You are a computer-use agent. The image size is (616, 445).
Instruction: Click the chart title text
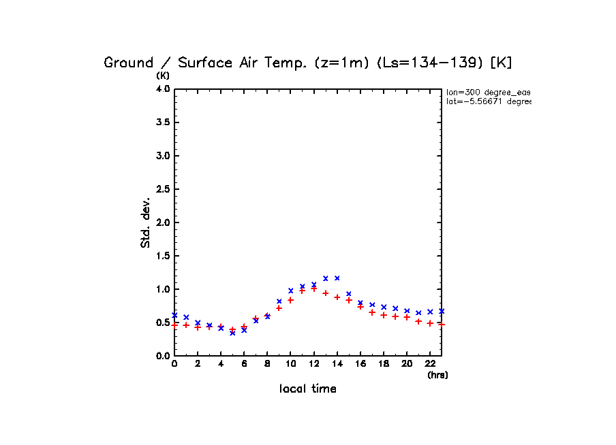coord(307,63)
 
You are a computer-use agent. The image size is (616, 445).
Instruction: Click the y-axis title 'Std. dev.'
coord(146,222)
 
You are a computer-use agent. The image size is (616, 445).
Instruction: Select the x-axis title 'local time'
coord(308,389)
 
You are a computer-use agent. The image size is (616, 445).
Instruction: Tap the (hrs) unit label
coord(437,375)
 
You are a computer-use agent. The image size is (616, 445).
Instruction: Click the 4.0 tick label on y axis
coord(163,89)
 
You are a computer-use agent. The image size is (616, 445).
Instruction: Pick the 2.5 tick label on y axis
coord(163,189)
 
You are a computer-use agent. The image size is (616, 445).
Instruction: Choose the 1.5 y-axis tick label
coord(163,256)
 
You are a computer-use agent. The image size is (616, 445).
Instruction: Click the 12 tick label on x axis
coord(313,364)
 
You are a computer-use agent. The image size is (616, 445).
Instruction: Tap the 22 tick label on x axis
coord(430,364)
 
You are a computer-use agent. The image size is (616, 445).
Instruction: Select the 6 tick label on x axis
coord(244,364)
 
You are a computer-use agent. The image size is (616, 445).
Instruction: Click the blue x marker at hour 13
coord(326,278)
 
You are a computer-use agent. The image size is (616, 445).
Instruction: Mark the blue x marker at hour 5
coord(232,333)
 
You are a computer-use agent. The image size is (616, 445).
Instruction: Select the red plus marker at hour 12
coord(314,289)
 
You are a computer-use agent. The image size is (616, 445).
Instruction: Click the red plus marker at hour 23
coord(442,324)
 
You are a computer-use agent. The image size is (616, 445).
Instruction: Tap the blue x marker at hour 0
coord(174,315)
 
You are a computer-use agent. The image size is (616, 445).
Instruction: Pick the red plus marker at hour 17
coord(372,312)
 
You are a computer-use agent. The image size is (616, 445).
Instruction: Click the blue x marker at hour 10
coord(291,291)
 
